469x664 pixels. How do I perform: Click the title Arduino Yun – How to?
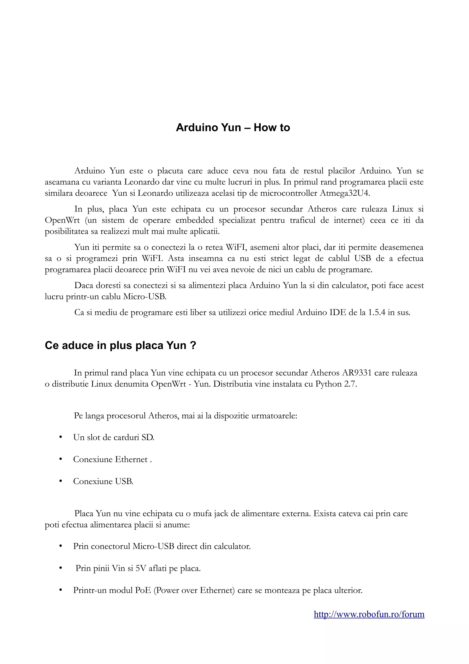233,128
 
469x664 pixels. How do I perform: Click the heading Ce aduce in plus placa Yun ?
120,346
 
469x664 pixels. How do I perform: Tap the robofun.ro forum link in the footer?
369,614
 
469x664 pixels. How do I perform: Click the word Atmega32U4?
344,193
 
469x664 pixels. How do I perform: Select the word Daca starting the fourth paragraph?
84,286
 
